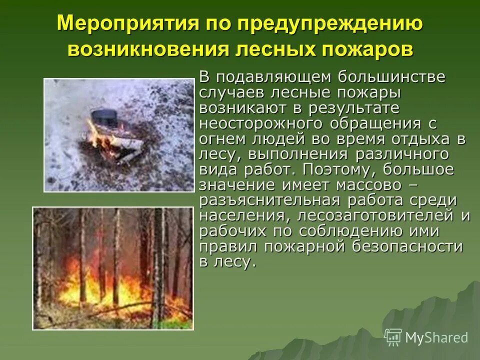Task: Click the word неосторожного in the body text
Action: click(x=257, y=123)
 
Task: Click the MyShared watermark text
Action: click(x=436, y=337)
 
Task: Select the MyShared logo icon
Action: click(x=393, y=336)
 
